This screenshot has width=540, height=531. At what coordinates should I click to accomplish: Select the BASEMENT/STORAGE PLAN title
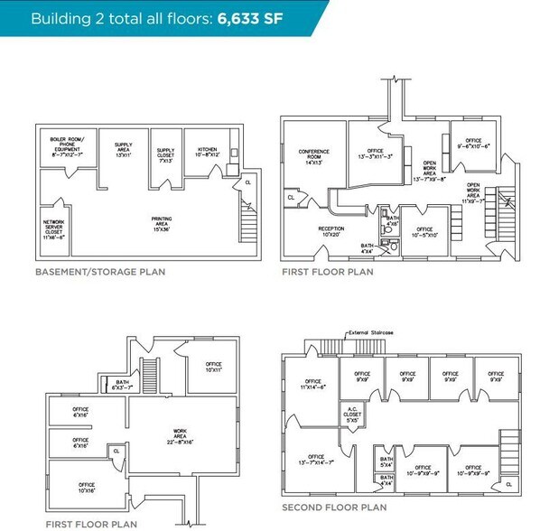99,271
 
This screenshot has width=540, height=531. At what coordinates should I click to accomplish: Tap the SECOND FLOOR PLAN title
333,508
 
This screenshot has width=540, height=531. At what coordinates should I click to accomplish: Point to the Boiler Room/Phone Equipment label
67,144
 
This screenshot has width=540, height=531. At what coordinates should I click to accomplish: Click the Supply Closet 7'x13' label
165,154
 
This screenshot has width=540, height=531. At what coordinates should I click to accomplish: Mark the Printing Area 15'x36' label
163,221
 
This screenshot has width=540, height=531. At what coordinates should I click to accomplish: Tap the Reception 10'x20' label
331,231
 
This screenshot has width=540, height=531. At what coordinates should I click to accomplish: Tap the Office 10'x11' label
212,368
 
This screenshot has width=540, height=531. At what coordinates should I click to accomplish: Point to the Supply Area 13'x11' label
124,148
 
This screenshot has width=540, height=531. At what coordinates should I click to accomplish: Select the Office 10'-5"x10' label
424,233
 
